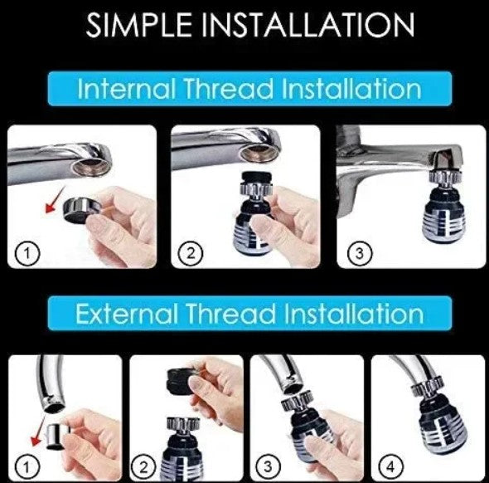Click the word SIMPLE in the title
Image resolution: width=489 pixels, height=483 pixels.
138,25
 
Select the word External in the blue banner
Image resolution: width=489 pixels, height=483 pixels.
126,313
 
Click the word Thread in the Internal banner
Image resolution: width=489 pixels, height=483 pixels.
229,88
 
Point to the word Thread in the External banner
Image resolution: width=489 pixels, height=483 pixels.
230,313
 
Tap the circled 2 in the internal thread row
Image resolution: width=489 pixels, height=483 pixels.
191,253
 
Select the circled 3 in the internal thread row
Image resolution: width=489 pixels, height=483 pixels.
360,253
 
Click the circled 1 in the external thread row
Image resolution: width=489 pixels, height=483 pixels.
27,467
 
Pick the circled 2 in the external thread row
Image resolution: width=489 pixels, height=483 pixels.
143,467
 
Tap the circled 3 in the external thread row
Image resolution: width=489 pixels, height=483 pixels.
268,467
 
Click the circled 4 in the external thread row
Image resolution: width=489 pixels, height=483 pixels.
390,467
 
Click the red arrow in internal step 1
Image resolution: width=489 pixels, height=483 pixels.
55,201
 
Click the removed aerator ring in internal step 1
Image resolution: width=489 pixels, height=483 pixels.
83,210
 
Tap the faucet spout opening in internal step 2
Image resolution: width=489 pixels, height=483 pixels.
258,154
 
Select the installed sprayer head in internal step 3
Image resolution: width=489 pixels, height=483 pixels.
444,207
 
